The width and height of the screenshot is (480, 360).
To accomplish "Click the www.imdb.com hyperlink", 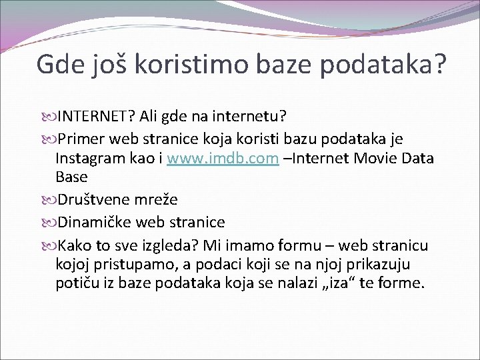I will coord(222,159).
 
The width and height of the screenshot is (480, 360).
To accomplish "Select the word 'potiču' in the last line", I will coord(77,283).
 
